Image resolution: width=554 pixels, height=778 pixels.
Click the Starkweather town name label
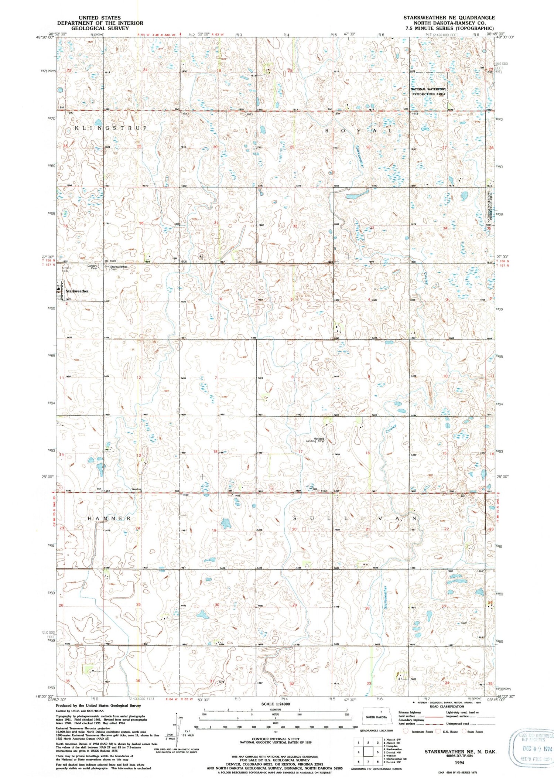point(77,291)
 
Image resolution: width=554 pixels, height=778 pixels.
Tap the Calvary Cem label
point(92,267)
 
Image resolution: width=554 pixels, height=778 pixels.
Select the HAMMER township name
point(109,519)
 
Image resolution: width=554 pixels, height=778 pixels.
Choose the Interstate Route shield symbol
point(406,731)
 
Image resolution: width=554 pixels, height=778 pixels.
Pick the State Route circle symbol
point(464,731)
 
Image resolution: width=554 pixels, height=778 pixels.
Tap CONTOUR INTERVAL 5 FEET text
point(273,739)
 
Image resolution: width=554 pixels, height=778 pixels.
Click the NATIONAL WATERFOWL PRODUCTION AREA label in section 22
point(429,92)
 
